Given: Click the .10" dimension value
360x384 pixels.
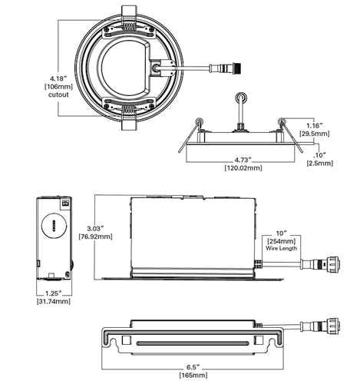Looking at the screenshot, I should (x=319, y=154).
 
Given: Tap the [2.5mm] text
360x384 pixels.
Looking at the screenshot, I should (x=319, y=163).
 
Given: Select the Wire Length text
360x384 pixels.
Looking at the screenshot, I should (x=283, y=250).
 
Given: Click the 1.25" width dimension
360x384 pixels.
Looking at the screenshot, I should (x=53, y=293).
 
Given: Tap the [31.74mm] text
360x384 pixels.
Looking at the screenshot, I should (x=53, y=302).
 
